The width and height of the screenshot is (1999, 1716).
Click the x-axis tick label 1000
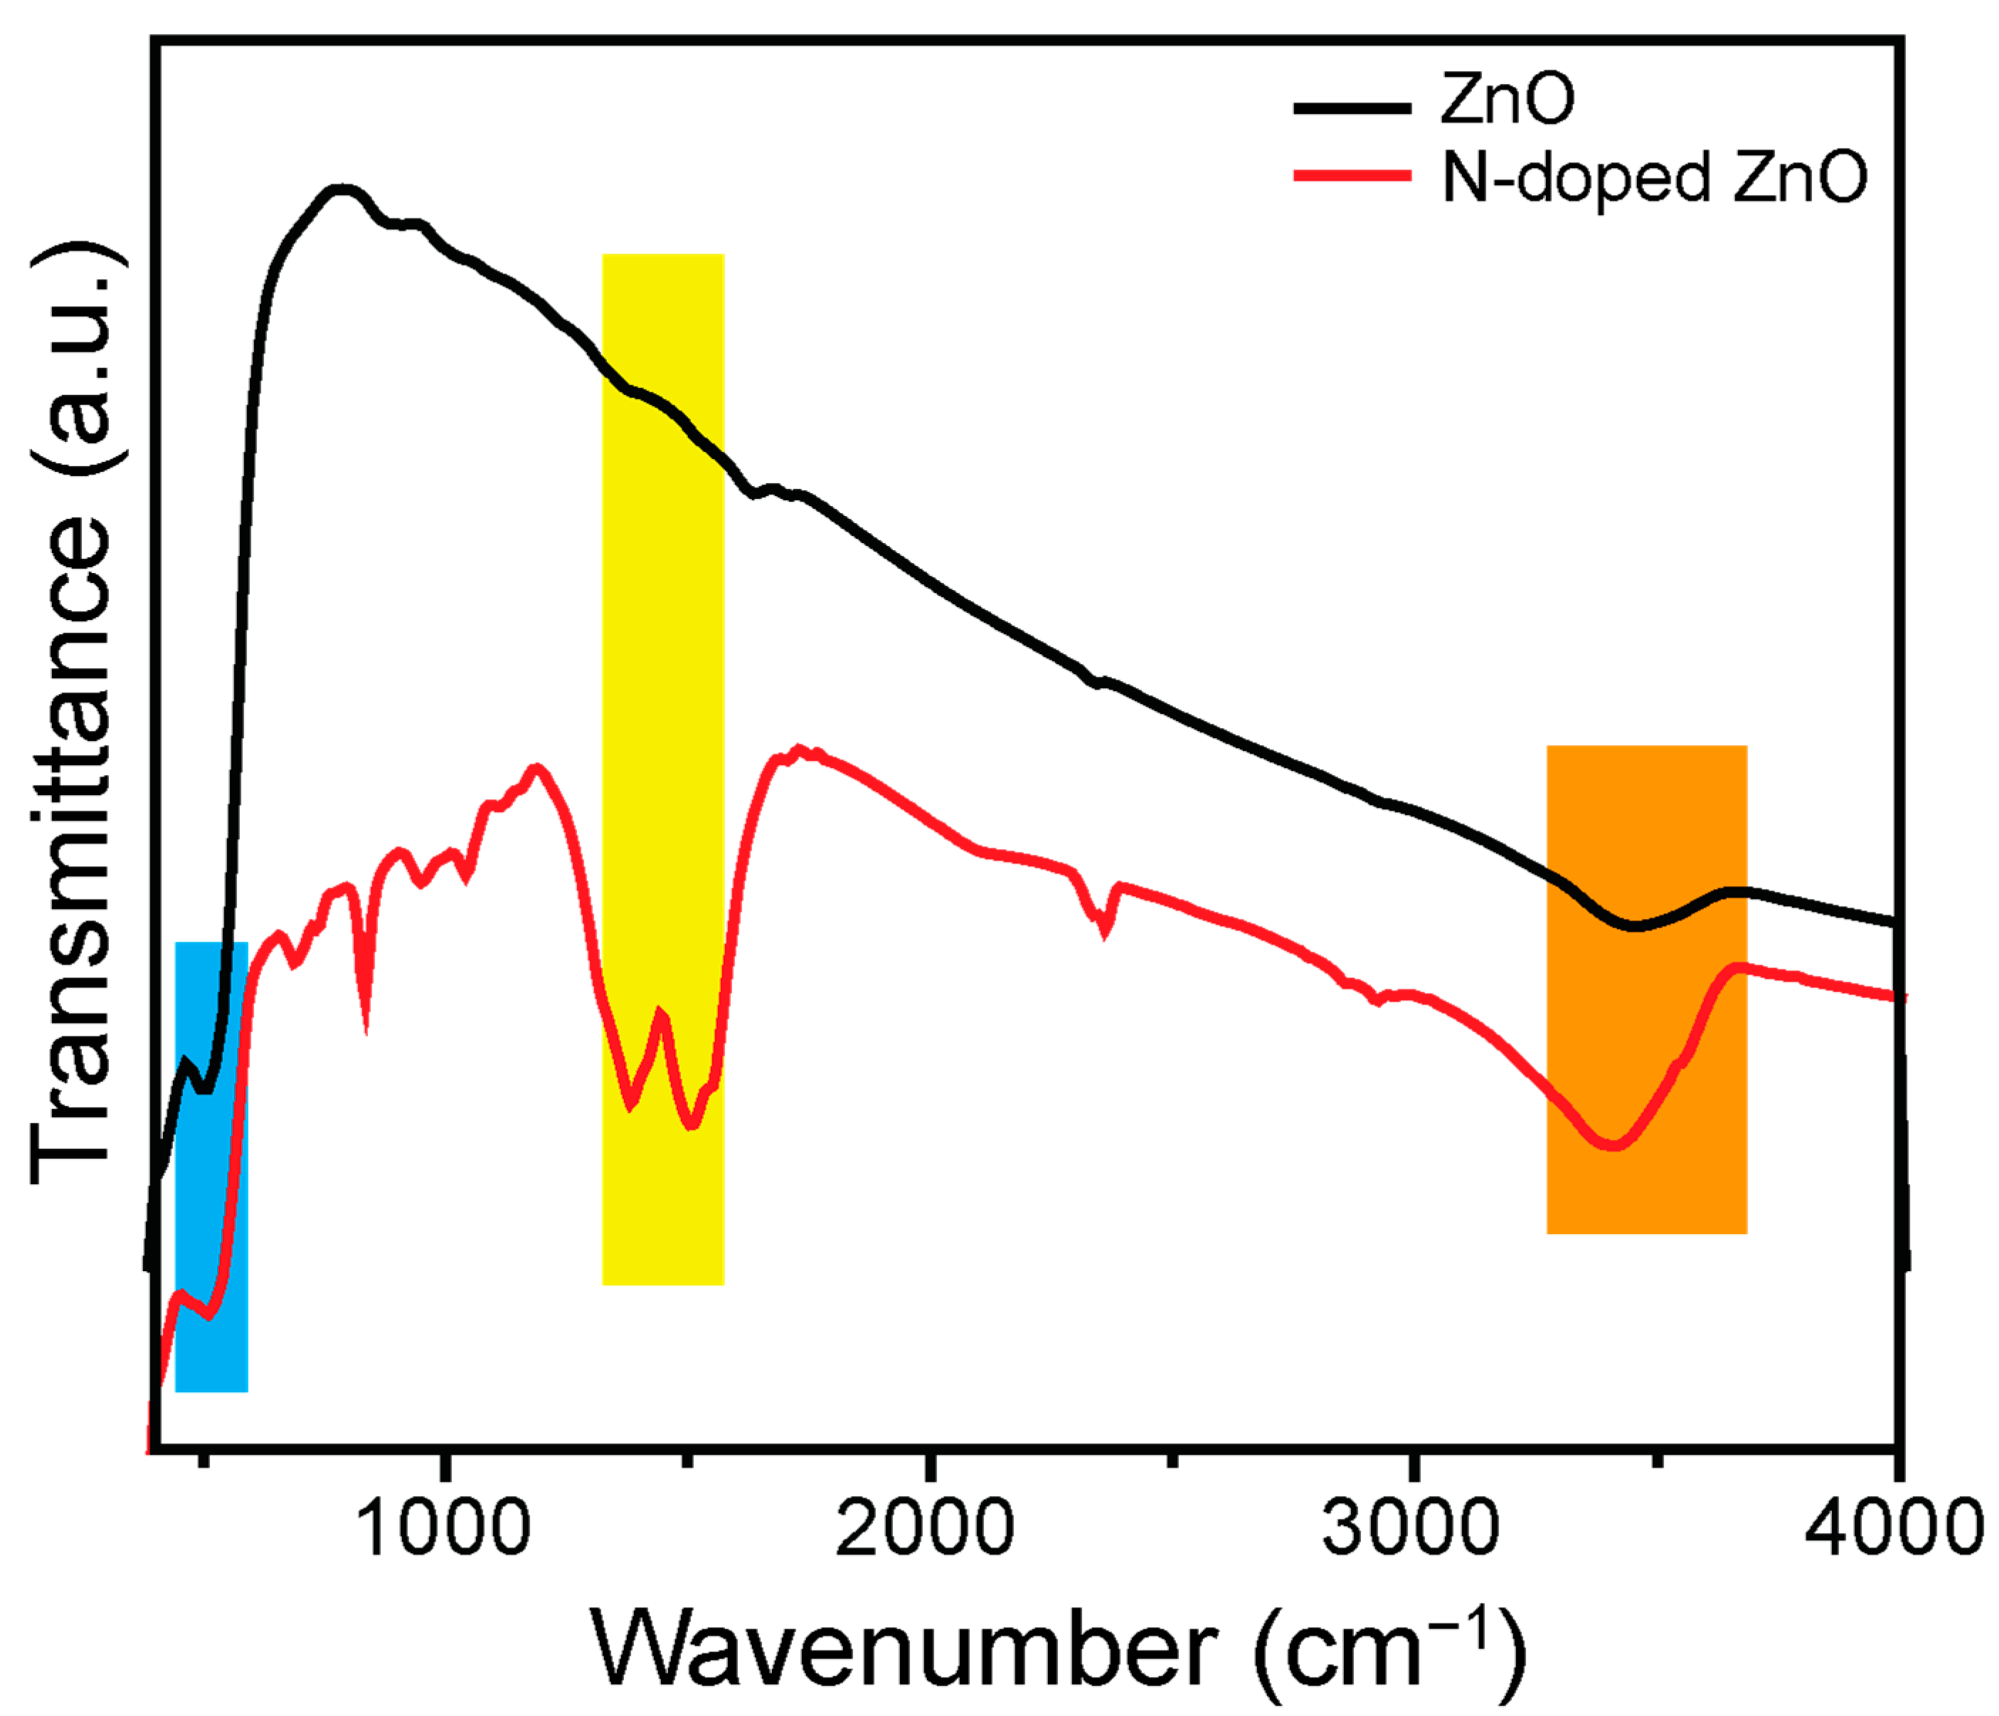tap(442, 1529)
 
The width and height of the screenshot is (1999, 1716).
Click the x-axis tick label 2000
tap(926, 1529)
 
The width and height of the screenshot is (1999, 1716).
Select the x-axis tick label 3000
tap(1411, 1529)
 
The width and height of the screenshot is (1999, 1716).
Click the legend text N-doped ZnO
tap(1653, 178)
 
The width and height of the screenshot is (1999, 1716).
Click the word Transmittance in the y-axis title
tap(73, 849)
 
